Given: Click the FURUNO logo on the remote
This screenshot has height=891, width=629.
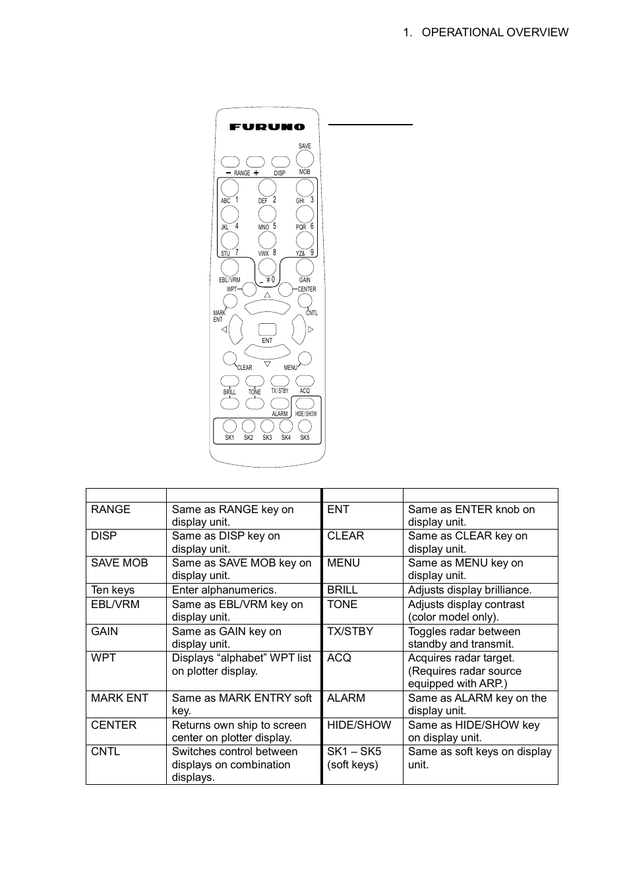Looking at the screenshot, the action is coord(267,127).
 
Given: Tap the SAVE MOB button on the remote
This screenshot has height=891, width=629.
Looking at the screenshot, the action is coord(305,159).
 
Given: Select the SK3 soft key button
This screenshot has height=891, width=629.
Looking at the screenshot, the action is coord(267,427).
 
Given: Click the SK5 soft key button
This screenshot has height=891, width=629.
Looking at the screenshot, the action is coord(305,427).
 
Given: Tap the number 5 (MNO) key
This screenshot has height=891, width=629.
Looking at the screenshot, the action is coord(267,214).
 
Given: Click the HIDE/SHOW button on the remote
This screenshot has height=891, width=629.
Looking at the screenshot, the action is coord(305,404).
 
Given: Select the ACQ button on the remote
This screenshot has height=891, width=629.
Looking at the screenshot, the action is coord(305,381).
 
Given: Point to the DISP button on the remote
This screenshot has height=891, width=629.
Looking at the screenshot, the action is coord(280,162).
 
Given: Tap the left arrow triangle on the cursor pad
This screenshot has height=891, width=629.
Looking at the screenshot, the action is coord(224,329).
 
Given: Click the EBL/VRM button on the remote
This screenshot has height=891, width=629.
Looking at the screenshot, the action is coord(229,267).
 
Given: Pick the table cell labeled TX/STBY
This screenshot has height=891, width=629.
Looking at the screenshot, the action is coord(350,631).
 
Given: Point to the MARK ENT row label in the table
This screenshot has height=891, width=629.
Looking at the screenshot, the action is coord(120,698).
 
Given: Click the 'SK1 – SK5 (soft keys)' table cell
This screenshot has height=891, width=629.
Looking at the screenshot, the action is coord(354,758).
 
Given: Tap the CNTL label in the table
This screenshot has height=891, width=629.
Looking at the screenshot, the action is coord(105,752).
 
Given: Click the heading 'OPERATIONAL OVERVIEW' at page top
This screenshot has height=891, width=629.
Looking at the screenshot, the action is coord(494,32).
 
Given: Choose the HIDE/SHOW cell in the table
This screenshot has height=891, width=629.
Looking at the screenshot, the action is coord(359,725).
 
